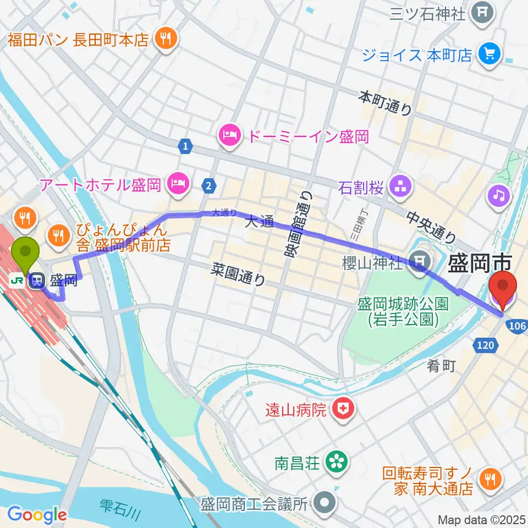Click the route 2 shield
[x=208, y=186]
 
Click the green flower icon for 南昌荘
[x=335, y=461]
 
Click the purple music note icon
[x=499, y=196]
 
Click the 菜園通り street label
[x=239, y=274]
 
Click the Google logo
[x=37, y=515]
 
